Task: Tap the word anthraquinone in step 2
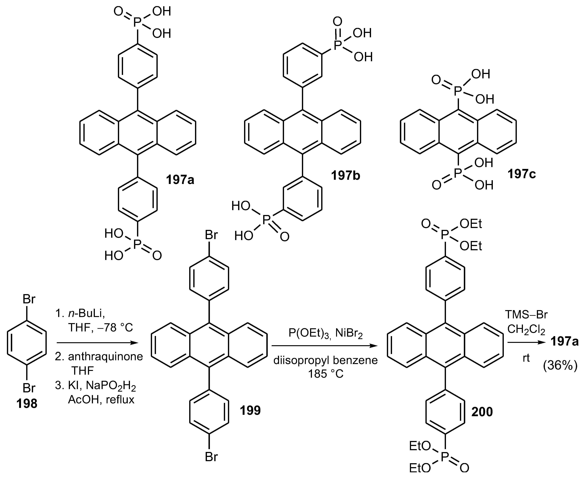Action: pyautogui.click(x=105, y=357)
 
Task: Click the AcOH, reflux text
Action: pyautogui.click(x=101, y=400)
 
